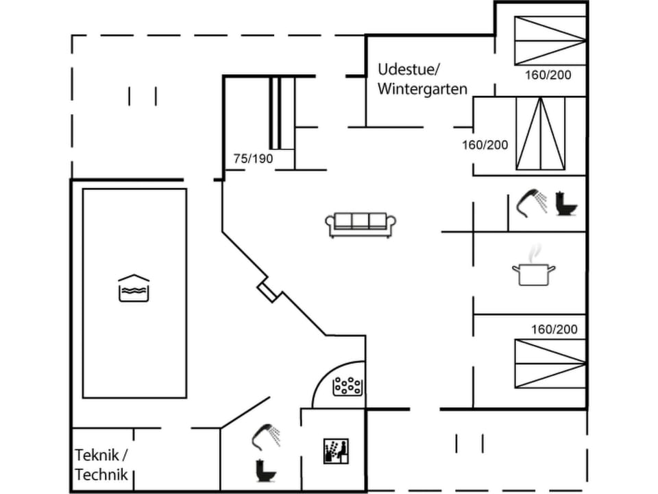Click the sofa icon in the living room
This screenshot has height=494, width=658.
(361, 224)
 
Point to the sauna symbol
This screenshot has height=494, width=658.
(336, 451)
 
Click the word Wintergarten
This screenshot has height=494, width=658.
(422, 89)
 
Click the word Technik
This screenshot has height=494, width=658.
(101, 475)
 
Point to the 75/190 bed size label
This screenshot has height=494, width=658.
(253, 158)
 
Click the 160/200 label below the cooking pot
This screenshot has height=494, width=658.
(555, 329)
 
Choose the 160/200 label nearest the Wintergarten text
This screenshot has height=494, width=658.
(485, 145)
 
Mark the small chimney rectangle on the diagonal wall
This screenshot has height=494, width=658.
(269, 291)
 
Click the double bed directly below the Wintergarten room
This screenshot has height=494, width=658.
(541, 133)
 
